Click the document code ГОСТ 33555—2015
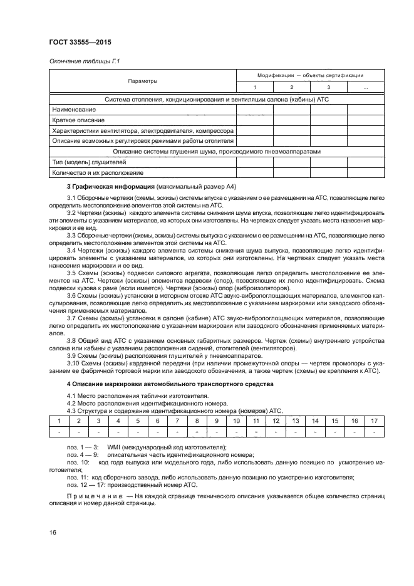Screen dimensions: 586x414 click(x=76, y=43)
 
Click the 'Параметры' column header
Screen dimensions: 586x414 click(x=143, y=81)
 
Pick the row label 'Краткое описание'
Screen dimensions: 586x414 click(x=79, y=120)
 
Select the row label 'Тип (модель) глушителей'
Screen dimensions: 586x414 click(x=90, y=162)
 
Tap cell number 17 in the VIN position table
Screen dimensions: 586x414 click(x=373, y=421)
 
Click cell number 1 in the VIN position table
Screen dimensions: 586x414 click(x=59, y=421)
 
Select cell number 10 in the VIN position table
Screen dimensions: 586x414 click(x=236, y=421)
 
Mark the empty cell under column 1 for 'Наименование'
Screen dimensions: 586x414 click(x=254, y=109)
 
